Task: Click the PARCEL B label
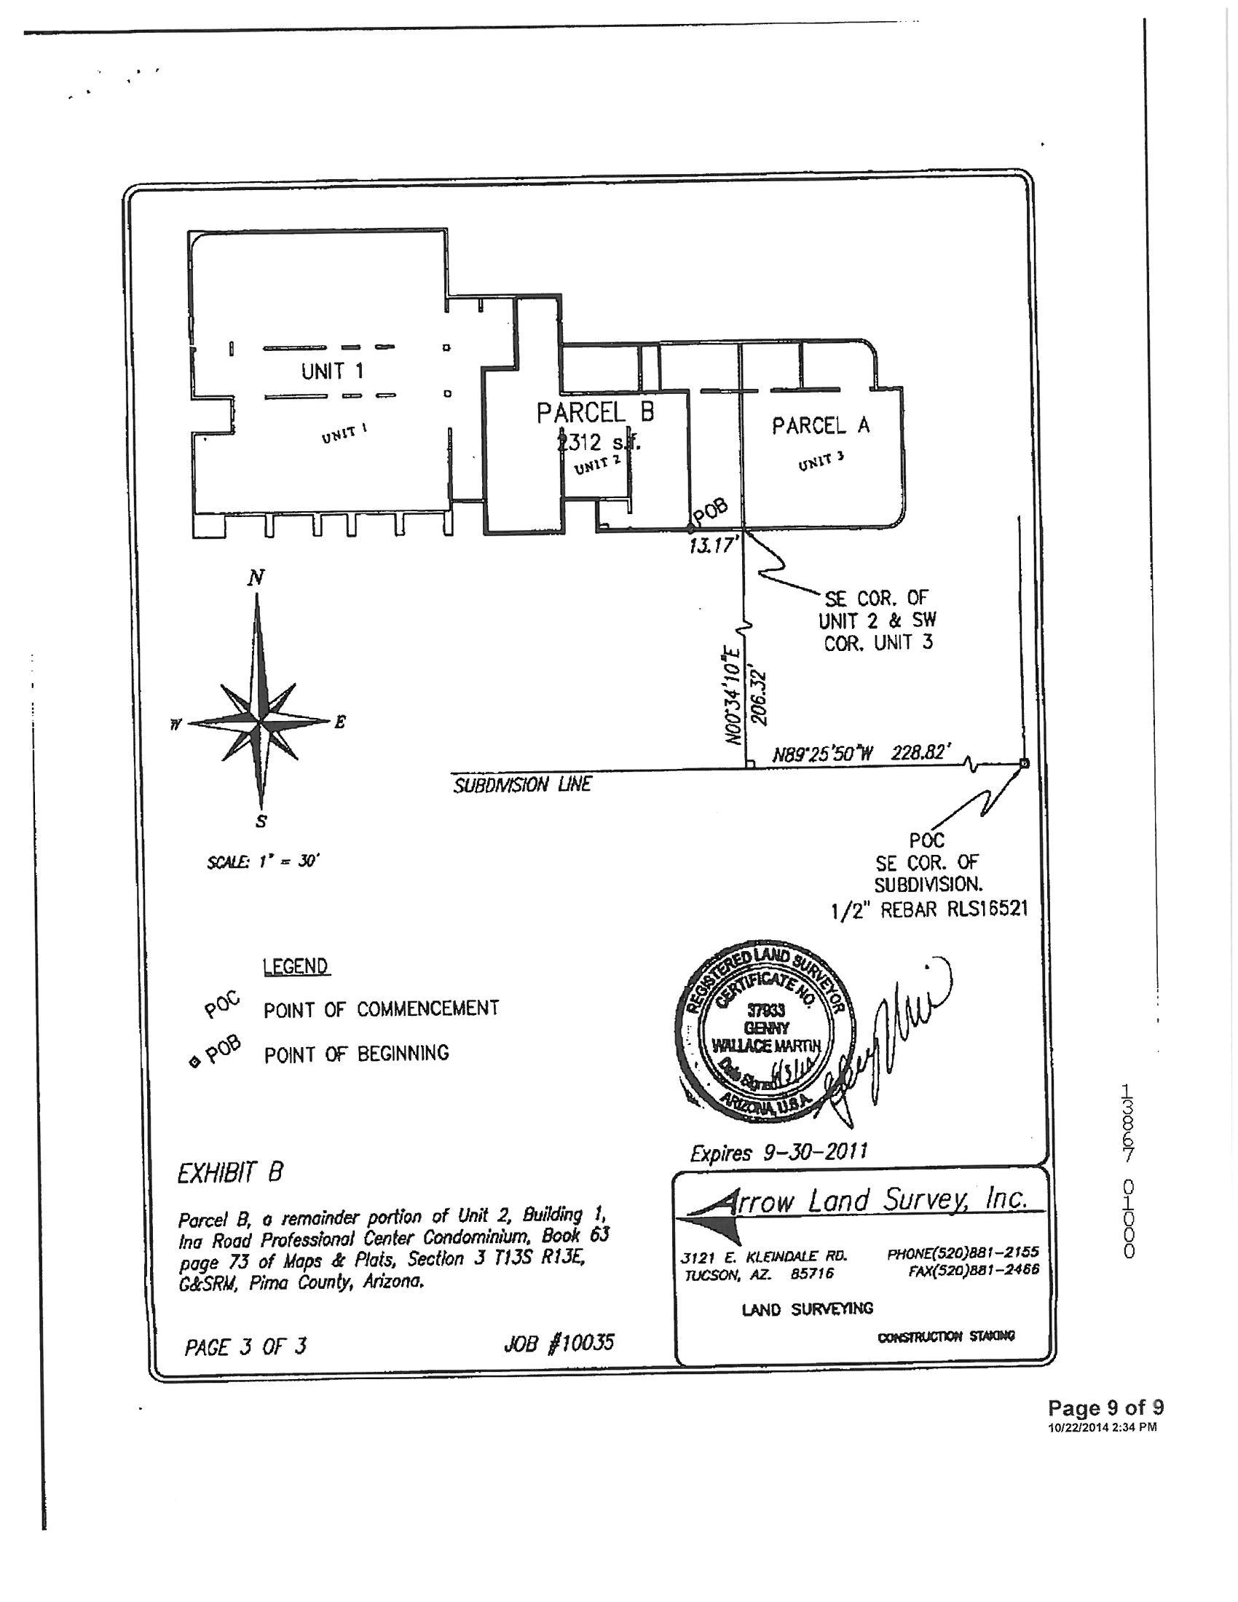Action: tap(595, 413)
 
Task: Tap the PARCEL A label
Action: tap(820, 425)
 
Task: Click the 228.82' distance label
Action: tap(920, 753)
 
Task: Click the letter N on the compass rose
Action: tap(255, 579)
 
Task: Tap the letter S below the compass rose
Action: tap(261, 821)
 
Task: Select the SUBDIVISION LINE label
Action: tap(521, 786)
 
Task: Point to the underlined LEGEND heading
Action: tap(295, 967)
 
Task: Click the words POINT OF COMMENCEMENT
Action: tap(382, 1009)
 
